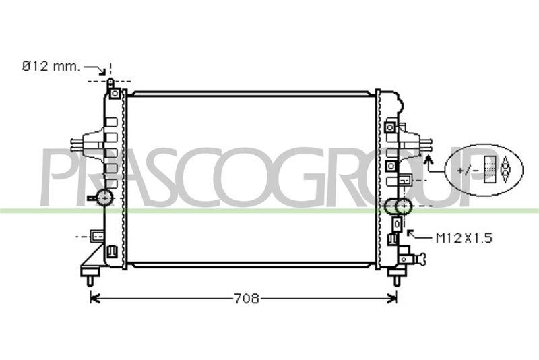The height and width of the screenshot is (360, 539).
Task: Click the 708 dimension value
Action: [x=247, y=299]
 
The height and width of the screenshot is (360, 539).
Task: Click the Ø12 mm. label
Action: [x=51, y=66]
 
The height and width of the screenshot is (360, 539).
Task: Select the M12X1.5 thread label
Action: [x=464, y=237]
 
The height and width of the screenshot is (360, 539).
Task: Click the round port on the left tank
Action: [x=104, y=198]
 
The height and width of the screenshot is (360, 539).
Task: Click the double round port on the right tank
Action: [x=397, y=206]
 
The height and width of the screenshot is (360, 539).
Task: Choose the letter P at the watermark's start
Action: [x=58, y=177]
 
